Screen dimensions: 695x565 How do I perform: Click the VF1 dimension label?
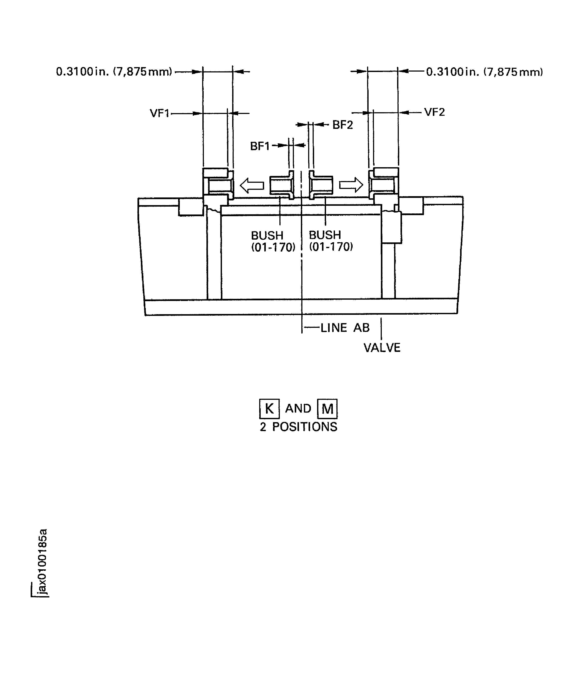click(159, 113)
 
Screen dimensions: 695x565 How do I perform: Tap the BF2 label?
click(342, 125)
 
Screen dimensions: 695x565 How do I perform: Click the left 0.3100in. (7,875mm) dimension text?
click(114, 72)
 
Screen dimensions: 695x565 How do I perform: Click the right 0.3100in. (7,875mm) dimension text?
click(484, 72)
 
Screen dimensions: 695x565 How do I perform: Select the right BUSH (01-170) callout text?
click(331, 241)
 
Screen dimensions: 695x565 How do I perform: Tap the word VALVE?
click(382, 348)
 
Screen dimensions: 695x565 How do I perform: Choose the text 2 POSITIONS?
click(298, 427)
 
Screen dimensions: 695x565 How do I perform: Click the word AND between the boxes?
click(298, 408)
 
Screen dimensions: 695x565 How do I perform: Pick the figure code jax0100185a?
click(43, 563)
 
